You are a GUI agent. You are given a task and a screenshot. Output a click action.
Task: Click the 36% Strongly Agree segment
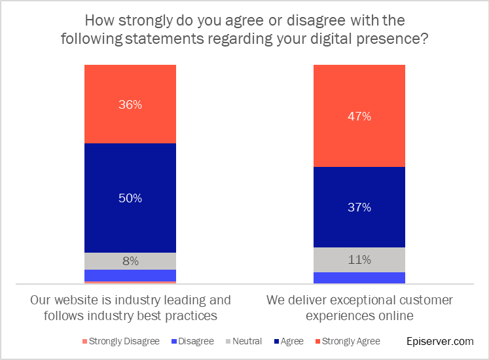[x=130, y=104]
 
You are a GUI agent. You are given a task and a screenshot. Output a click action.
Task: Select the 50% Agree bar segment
[x=130, y=198]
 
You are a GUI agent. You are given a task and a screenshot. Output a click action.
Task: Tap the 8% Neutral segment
[x=130, y=261]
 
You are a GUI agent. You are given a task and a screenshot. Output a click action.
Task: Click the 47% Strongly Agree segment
[x=359, y=117]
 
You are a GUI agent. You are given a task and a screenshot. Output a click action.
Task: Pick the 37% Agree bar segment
[x=359, y=207]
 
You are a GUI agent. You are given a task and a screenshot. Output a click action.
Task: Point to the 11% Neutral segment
[x=359, y=260]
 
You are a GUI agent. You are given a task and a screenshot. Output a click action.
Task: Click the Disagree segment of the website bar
[x=130, y=275]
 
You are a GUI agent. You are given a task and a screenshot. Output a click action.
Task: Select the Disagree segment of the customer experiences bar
[x=359, y=278]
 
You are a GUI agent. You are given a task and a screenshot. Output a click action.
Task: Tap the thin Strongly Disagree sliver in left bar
[x=130, y=282]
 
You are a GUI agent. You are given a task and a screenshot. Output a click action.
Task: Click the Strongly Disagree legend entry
[x=120, y=341]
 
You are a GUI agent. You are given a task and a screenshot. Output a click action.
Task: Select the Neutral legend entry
[x=243, y=341]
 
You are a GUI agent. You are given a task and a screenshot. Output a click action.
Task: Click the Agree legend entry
[x=288, y=341]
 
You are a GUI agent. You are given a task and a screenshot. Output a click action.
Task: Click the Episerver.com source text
[x=439, y=341]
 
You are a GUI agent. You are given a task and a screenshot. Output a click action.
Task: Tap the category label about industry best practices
[x=130, y=308]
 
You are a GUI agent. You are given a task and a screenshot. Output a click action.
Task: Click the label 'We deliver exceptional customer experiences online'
[x=359, y=308]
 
